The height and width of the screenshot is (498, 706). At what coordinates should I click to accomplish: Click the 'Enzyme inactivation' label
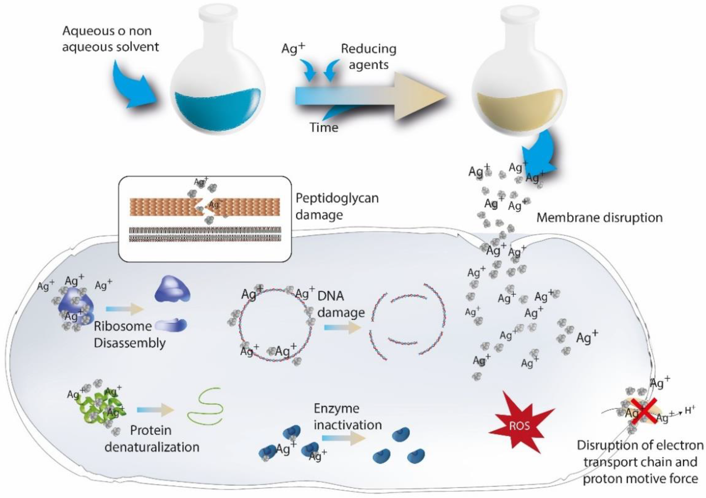[x=348, y=417]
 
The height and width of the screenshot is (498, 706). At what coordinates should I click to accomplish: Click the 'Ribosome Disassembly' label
[x=129, y=334]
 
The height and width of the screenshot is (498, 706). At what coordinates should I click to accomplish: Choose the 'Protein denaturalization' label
[x=152, y=439]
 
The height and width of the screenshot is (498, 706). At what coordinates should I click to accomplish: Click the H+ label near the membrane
[x=690, y=410]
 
